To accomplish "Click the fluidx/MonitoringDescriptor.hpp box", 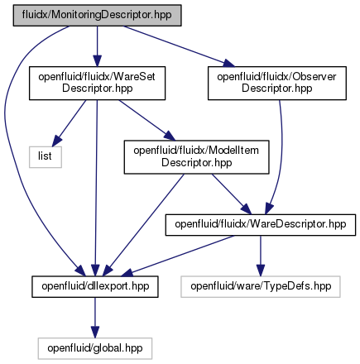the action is click(97, 15).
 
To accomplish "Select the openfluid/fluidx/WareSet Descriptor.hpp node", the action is click(97, 83).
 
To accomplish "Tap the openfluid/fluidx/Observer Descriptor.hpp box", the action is click(277, 83).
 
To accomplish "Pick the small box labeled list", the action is click(46, 157).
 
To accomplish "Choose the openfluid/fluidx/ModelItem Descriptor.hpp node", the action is click(196, 157).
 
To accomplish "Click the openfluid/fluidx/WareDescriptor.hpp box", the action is click(261, 225).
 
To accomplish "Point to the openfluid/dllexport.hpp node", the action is click(95, 286).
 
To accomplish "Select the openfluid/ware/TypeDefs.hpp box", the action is click(261, 286).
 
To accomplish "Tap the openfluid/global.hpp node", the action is click(95, 348).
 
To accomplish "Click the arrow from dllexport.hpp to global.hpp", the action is click(95, 318).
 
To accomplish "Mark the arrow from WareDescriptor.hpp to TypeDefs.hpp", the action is click(261, 256).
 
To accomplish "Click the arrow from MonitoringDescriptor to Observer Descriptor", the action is click(179, 46).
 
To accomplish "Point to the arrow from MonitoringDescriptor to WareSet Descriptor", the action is click(97, 46).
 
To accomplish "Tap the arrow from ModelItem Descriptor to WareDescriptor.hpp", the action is click(231, 194).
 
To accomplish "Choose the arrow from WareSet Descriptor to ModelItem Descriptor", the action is click(146, 120).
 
